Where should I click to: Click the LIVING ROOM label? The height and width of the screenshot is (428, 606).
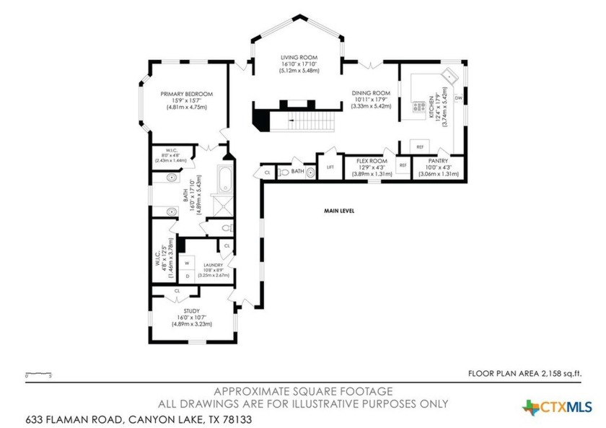click(299, 57)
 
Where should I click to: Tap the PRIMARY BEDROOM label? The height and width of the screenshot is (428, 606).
click(187, 94)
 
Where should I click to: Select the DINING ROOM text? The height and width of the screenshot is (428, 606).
click(371, 93)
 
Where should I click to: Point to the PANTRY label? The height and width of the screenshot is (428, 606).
click(438, 161)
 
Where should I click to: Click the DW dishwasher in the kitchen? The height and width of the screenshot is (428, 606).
click(458, 98)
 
